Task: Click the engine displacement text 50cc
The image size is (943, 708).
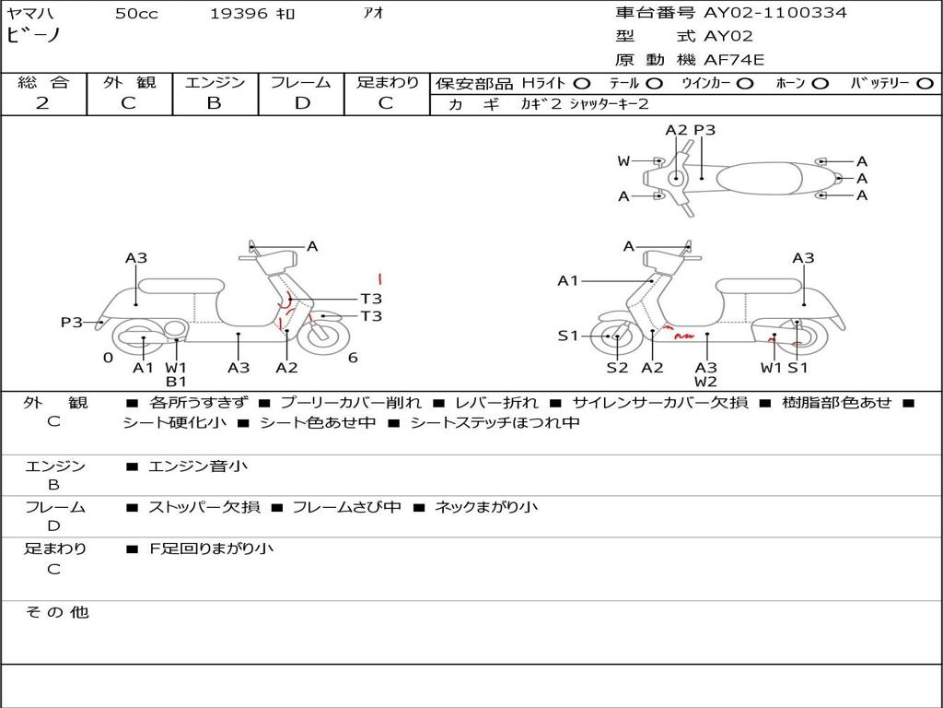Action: (x=136, y=14)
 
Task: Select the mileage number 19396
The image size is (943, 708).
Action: (x=238, y=14)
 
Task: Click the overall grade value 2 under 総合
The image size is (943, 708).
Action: (x=42, y=103)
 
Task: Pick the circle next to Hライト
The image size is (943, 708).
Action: (x=582, y=83)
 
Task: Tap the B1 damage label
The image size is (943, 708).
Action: (x=176, y=382)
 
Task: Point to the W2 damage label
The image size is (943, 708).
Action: (x=706, y=382)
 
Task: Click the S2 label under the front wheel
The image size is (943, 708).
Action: (x=617, y=368)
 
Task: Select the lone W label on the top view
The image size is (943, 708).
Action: (x=623, y=161)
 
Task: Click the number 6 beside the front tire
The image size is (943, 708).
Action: (x=353, y=358)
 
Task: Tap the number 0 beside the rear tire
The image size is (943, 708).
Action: (x=108, y=358)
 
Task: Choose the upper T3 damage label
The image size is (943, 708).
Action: (x=371, y=299)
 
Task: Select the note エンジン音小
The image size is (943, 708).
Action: (x=198, y=466)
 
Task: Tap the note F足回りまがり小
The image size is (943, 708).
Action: (x=212, y=549)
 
